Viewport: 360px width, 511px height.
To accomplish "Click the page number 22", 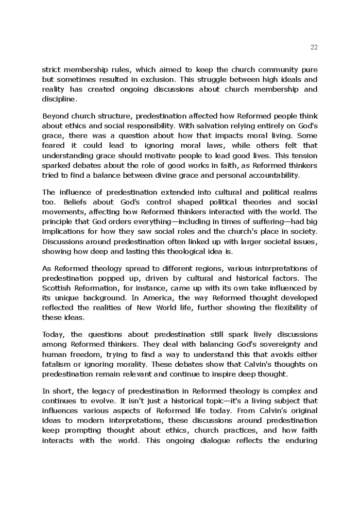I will pos(314,47).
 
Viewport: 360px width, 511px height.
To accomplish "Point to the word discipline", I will pos(59,99).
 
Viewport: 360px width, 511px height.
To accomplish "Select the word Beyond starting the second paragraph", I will pos(55,116).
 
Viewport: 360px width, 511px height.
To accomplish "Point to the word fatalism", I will pos(57,364).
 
